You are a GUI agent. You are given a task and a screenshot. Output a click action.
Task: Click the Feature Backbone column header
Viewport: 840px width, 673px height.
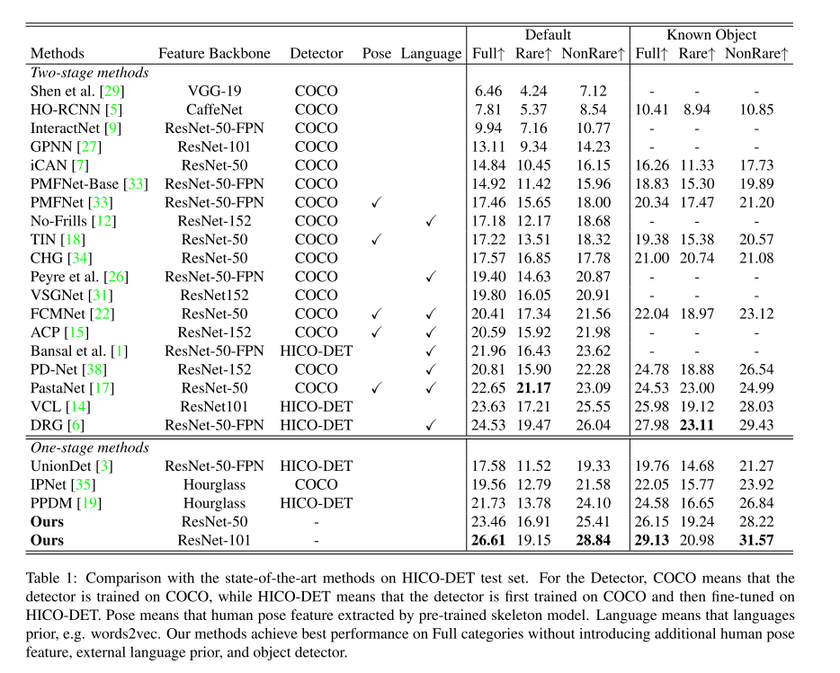214,53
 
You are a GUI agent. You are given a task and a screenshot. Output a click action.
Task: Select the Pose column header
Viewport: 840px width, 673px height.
377,53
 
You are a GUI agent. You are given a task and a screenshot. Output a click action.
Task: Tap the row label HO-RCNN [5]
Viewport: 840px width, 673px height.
69,110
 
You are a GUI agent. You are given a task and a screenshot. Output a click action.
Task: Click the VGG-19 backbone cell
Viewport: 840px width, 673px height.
214,91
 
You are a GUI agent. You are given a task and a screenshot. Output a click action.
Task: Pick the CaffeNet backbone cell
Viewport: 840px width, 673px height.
214,110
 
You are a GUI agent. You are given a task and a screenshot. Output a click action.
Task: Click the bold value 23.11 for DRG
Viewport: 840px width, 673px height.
697,425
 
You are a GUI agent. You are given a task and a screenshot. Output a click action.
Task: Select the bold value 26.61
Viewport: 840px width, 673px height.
488,541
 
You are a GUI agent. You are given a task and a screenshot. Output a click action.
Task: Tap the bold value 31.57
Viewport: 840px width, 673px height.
755,541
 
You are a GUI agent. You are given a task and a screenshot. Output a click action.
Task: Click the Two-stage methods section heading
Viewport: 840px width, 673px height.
90,73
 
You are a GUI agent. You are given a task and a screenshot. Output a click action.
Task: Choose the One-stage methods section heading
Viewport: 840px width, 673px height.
90,447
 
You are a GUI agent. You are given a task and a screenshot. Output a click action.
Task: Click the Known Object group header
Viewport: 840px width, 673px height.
710,35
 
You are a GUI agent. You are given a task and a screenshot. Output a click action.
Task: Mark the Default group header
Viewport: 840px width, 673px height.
548,35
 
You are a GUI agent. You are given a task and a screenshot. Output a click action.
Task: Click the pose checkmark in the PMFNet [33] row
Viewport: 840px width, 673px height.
377,203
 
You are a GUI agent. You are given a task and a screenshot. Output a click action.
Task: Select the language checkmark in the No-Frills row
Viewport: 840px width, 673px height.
431,221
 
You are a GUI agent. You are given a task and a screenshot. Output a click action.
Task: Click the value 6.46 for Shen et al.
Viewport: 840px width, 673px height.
488,91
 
